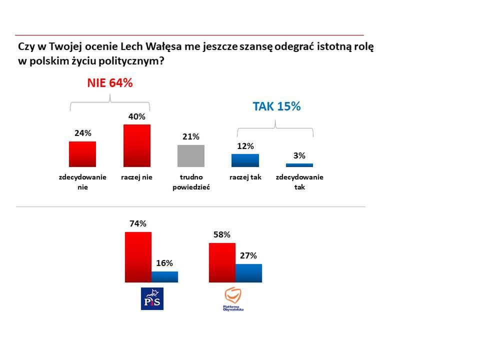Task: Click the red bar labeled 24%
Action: (x=82, y=154)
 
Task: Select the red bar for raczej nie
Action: (x=136, y=145)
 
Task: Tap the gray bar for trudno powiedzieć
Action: (x=191, y=155)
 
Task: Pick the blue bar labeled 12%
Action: (x=245, y=160)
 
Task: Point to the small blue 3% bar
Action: (x=299, y=165)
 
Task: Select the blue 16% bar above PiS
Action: (x=164, y=276)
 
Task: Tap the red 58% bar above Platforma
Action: (x=222, y=262)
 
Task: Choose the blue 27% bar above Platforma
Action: (x=248, y=273)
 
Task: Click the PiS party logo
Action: (x=152, y=298)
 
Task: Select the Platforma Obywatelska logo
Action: (x=233, y=299)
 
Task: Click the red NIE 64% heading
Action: (x=110, y=83)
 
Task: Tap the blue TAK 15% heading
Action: (x=276, y=106)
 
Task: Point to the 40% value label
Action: (x=137, y=117)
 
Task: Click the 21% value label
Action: (x=191, y=136)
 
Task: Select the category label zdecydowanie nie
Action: (x=82, y=182)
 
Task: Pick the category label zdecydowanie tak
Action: (x=299, y=182)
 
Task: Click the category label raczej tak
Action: (x=245, y=177)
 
